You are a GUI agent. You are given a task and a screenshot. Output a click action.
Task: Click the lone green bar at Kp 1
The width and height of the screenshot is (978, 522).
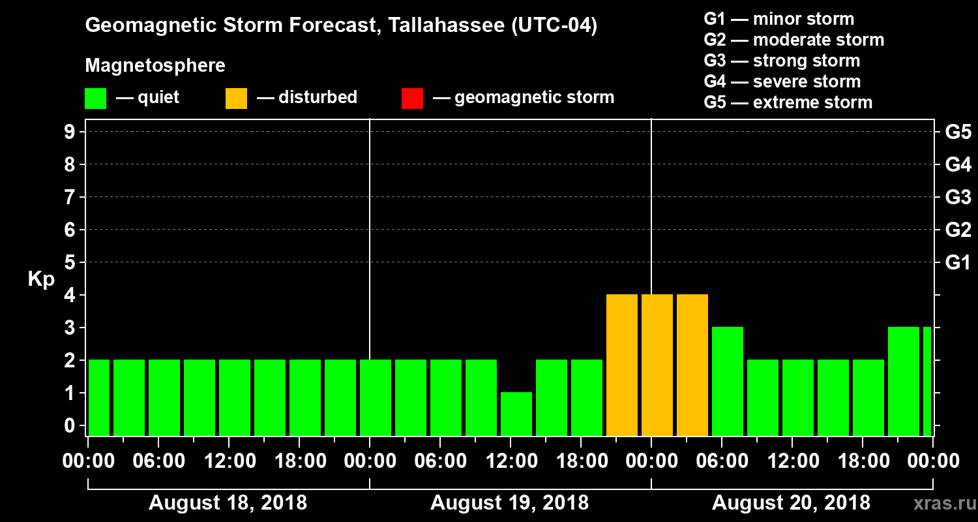pyautogui.click(x=516, y=414)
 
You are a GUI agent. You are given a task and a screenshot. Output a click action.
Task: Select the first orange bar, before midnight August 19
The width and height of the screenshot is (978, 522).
pyautogui.click(x=622, y=365)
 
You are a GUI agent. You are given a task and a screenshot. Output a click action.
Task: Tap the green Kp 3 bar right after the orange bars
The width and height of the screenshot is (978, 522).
pyautogui.click(x=728, y=381)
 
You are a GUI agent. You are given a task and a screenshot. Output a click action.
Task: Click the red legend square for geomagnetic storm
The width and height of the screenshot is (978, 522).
pyautogui.click(x=412, y=98)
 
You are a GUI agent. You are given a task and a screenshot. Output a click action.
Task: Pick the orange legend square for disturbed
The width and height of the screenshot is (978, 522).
pyautogui.click(x=236, y=98)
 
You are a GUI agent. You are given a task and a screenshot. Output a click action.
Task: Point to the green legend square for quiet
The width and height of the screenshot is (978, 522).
pyautogui.click(x=95, y=98)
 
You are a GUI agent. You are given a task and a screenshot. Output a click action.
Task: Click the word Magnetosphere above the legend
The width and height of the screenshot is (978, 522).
pyautogui.click(x=155, y=66)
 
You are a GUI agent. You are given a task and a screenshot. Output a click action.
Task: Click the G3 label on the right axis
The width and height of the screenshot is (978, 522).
pyautogui.click(x=958, y=197)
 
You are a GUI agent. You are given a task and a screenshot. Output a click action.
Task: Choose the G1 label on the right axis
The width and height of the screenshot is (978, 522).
pyautogui.click(x=958, y=263)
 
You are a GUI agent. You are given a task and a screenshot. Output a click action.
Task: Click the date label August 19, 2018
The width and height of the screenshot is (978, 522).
pyautogui.click(x=509, y=503)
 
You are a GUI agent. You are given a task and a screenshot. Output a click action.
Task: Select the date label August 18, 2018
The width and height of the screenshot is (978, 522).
pyautogui.click(x=228, y=503)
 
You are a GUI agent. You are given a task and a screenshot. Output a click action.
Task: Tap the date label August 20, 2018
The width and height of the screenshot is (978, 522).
pyautogui.click(x=791, y=503)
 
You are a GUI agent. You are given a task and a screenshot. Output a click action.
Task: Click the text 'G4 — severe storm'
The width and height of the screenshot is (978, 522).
pyautogui.click(x=782, y=82)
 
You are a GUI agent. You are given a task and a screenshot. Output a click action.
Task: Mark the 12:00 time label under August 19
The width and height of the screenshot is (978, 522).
pyautogui.click(x=511, y=461)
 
